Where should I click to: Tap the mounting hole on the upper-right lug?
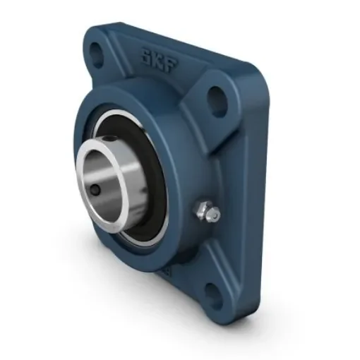point(218,101)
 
